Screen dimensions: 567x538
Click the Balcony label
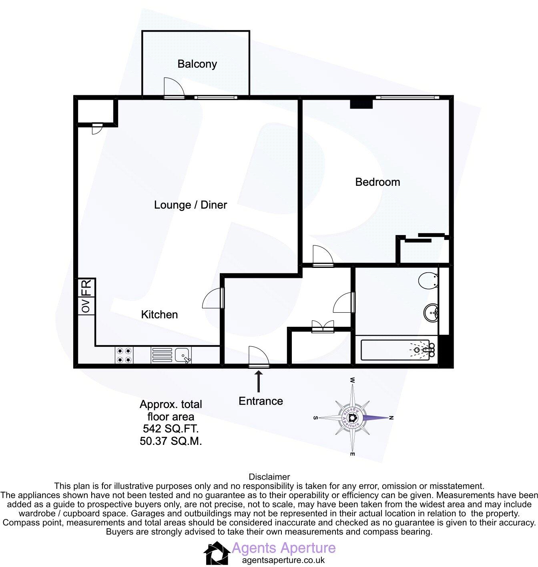pos(197,64)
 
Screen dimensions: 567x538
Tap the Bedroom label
pos(377,182)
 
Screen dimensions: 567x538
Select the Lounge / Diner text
pos(191,205)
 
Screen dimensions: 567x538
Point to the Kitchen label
pos(159,315)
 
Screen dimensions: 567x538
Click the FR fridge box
pos(86,288)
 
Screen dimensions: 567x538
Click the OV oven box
pos(86,306)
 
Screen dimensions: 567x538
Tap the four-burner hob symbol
pos(124,355)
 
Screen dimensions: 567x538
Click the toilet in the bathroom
pos(429,281)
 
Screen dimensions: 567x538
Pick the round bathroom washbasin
pos(432,312)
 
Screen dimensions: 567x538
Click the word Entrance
pos(261,401)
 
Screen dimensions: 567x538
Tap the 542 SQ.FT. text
pos(171,429)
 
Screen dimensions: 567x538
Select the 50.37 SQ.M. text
pos(171,441)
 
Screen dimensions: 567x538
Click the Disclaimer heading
pos(269,477)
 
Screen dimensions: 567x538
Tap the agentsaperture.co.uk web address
pos(283,560)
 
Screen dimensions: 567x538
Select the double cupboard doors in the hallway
pos(323,325)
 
